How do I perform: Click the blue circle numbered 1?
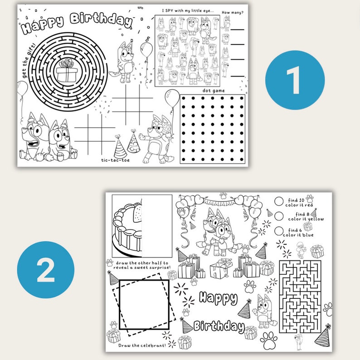click(295, 80)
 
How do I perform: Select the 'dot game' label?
click(213, 91)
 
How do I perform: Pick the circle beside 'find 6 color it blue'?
click(279, 230)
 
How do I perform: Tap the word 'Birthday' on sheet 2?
click(219, 326)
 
